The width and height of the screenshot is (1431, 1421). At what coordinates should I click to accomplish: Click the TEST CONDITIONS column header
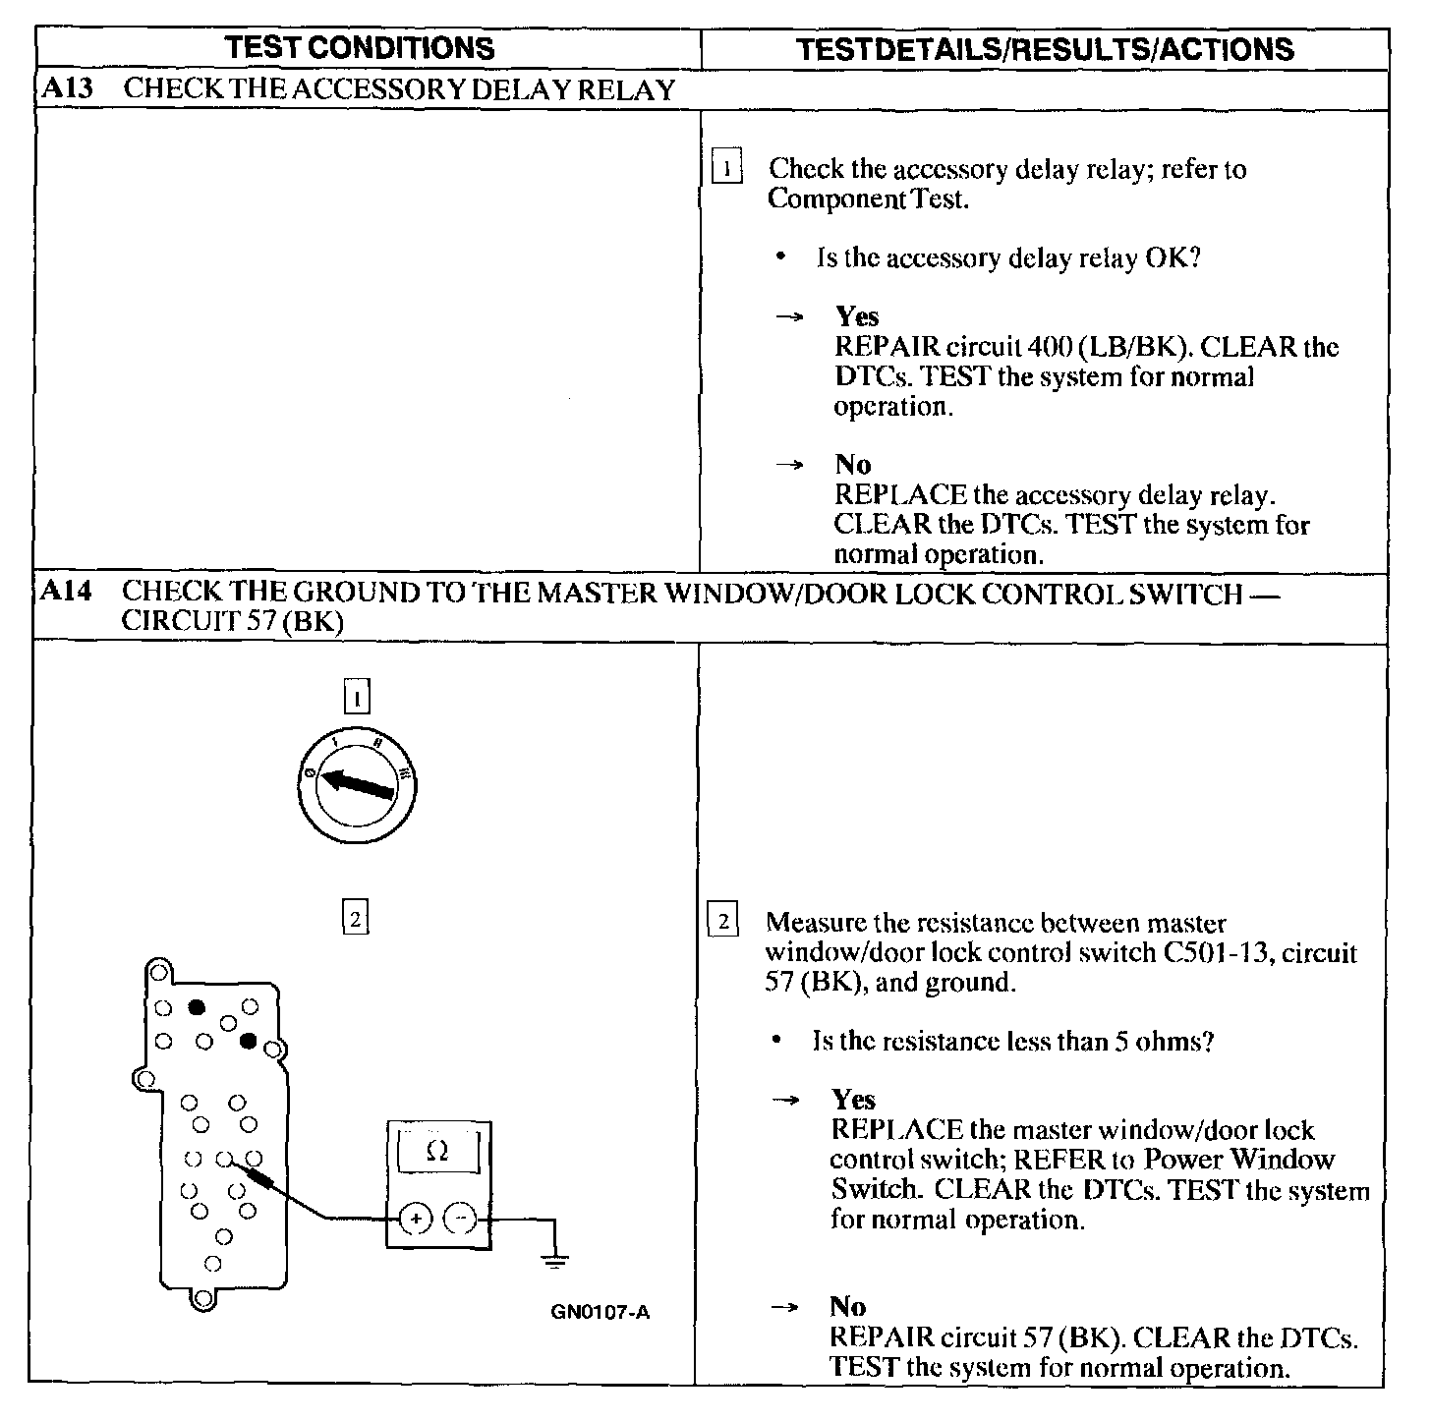359,48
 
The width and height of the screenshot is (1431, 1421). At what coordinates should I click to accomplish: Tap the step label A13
68,89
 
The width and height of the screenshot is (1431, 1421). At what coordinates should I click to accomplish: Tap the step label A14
68,593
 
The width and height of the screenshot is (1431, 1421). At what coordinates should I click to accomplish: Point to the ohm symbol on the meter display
438,1151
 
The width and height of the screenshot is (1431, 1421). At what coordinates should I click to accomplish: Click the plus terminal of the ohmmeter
416,1220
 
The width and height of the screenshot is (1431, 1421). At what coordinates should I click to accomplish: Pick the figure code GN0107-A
601,1312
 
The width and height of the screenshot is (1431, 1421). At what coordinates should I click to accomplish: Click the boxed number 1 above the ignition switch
356,698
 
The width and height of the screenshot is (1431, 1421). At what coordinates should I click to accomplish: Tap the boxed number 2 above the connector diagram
354,919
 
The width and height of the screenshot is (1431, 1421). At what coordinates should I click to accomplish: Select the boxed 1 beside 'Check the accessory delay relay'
725,169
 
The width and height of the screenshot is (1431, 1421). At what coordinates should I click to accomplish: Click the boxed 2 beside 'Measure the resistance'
722,923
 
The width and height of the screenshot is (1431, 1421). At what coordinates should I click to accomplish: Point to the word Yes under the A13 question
857,316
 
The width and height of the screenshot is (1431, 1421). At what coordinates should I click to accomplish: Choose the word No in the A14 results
847,1306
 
